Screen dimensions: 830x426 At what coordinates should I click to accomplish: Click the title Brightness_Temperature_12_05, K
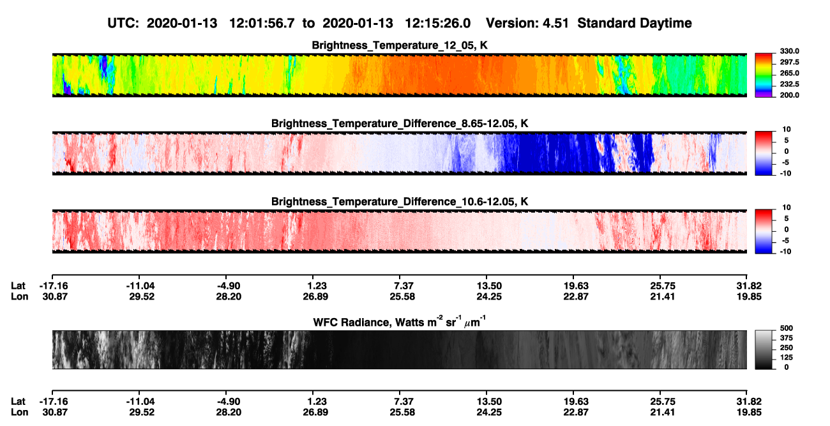click(400, 45)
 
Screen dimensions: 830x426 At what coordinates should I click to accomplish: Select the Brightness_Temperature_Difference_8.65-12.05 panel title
click(400, 123)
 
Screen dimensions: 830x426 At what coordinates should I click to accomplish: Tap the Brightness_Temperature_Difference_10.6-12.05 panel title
click(400, 202)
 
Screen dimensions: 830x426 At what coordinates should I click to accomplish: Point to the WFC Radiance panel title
click(400, 322)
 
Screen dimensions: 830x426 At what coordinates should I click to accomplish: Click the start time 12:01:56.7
click(262, 24)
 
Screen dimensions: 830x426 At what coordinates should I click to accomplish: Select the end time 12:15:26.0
click(437, 24)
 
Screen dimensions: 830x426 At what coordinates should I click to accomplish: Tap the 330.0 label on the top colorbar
click(789, 51)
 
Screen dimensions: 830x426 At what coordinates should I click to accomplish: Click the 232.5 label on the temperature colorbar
click(789, 84)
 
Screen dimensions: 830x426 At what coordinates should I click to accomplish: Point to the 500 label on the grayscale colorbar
click(787, 328)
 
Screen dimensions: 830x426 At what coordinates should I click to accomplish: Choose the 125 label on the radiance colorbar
click(787, 358)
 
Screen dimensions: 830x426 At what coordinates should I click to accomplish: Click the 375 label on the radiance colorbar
click(787, 338)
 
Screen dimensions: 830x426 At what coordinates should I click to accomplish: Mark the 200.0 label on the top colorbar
click(789, 95)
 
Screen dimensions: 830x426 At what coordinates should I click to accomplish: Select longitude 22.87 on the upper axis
click(576, 296)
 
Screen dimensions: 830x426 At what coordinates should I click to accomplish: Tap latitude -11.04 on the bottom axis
click(140, 402)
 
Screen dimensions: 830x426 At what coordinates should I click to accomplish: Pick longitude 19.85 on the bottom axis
click(749, 413)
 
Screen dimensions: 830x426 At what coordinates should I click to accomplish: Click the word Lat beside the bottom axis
click(18, 402)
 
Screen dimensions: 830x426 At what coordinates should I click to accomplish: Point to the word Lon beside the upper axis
click(20, 296)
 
